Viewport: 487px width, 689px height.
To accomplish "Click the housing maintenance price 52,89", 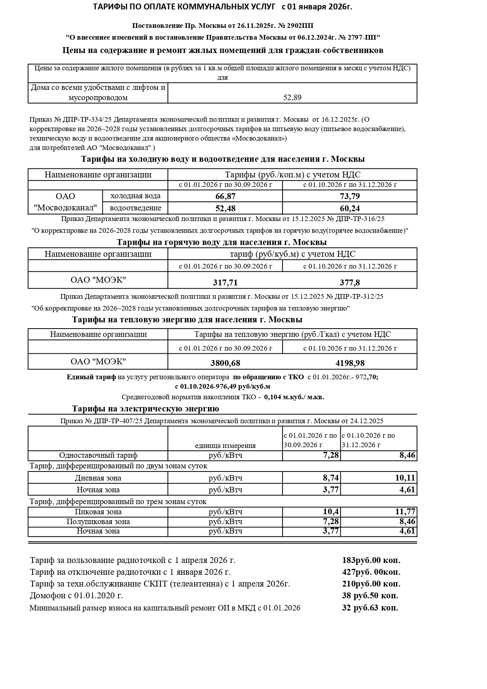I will coord(292,97).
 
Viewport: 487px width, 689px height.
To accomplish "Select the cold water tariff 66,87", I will coord(226,196).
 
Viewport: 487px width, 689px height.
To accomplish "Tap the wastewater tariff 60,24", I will coord(350,208).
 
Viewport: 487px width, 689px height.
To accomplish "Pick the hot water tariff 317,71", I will coord(225,283).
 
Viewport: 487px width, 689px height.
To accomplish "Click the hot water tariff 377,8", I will coord(350,283).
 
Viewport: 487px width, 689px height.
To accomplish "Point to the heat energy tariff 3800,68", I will coord(225,363).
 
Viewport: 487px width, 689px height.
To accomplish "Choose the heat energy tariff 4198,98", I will coord(350,363).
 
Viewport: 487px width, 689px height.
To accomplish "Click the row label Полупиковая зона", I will coord(98,521).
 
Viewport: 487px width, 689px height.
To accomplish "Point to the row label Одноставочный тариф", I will coord(98,455).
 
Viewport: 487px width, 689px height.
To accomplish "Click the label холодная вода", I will coord(135,196).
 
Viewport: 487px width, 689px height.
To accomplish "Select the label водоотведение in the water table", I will coord(135,208).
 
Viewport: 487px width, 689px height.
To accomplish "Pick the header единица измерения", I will coord(225,446).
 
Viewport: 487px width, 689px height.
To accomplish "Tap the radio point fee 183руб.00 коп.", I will coord(371,560).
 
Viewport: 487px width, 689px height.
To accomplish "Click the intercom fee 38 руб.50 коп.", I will coord(370,596).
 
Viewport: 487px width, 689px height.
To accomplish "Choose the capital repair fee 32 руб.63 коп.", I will coord(370,608).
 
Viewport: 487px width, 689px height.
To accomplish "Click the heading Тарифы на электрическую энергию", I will coord(146,409).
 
